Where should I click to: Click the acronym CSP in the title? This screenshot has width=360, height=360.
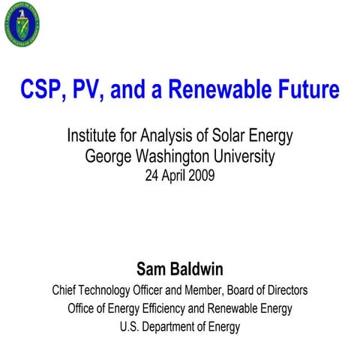tap(40, 90)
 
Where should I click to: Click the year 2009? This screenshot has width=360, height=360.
tap(204, 176)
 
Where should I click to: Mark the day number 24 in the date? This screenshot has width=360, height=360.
tap(151, 176)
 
